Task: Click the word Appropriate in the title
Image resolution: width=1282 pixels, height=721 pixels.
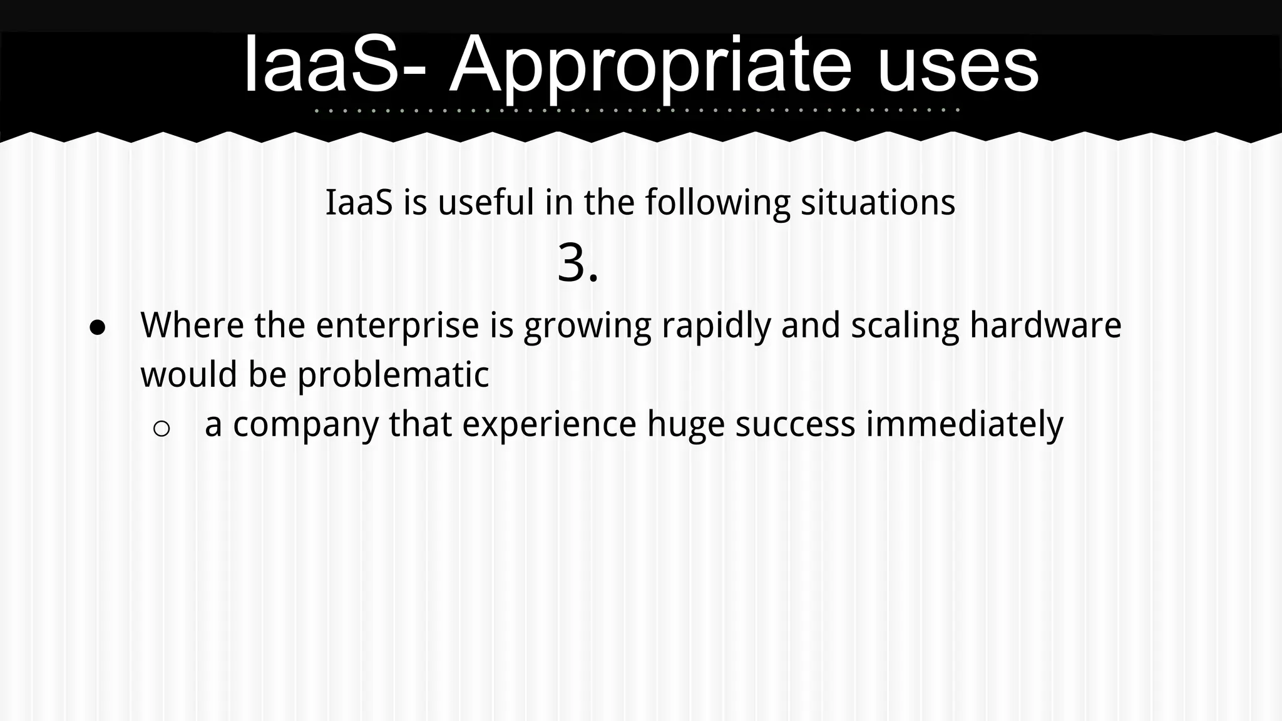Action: [650, 66]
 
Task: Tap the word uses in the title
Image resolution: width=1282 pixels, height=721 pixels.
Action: [958, 66]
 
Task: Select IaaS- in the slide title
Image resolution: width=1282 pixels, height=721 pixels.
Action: [335, 66]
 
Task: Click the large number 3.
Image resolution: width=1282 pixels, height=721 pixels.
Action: [577, 263]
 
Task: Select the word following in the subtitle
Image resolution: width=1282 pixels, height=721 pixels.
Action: [718, 203]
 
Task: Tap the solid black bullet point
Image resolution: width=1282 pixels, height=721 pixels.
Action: [98, 327]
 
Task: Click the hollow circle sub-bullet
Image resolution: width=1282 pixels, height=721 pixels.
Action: [162, 429]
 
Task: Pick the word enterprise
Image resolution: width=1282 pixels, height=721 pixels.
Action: [397, 326]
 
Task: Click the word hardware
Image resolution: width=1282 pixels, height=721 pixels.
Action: [1045, 325]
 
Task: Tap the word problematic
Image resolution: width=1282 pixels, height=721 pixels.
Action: [392, 375]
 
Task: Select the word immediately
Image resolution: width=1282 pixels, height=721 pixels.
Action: [964, 424]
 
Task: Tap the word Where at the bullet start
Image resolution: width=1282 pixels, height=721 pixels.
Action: [192, 325]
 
